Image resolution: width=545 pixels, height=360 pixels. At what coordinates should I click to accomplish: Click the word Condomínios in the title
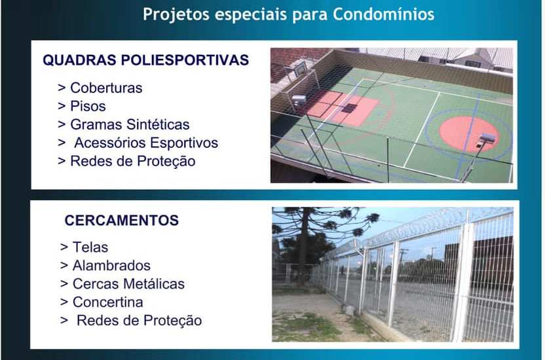(x=383, y=14)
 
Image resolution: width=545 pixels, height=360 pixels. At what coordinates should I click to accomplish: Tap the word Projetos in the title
(x=176, y=15)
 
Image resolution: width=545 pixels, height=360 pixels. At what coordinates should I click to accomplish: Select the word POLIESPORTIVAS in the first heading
(x=185, y=60)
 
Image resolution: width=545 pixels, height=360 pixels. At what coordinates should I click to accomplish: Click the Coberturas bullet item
(x=100, y=88)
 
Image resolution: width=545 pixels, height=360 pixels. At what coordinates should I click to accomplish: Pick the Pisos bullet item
(x=82, y=106)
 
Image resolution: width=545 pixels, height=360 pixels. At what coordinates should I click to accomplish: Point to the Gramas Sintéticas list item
(x=124, y=124)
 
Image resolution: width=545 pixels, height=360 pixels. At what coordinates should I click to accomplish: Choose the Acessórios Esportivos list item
(x=138, y=143)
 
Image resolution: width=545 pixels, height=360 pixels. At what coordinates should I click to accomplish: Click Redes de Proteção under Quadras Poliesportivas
(x=126, y=161)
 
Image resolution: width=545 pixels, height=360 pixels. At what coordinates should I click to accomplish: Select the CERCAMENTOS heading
(x=122, y=221)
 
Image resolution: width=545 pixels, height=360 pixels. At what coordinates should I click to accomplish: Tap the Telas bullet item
(x=84, y=247)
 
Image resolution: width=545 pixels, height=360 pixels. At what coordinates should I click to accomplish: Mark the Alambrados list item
(x=105, y=266)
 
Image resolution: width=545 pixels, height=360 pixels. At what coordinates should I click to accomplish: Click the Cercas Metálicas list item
(x=122, y=284)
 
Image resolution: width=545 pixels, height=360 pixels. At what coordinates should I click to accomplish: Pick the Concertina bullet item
(x=102, y=302)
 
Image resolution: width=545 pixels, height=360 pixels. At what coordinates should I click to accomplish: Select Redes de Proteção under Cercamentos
(x=131, y=321)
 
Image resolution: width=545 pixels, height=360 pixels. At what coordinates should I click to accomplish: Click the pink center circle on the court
(x=468, y=134)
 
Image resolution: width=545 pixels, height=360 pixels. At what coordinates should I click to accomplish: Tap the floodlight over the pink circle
(x=487, y=139)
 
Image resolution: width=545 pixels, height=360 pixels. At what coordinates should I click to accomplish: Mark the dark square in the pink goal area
(x=349, y=108)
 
